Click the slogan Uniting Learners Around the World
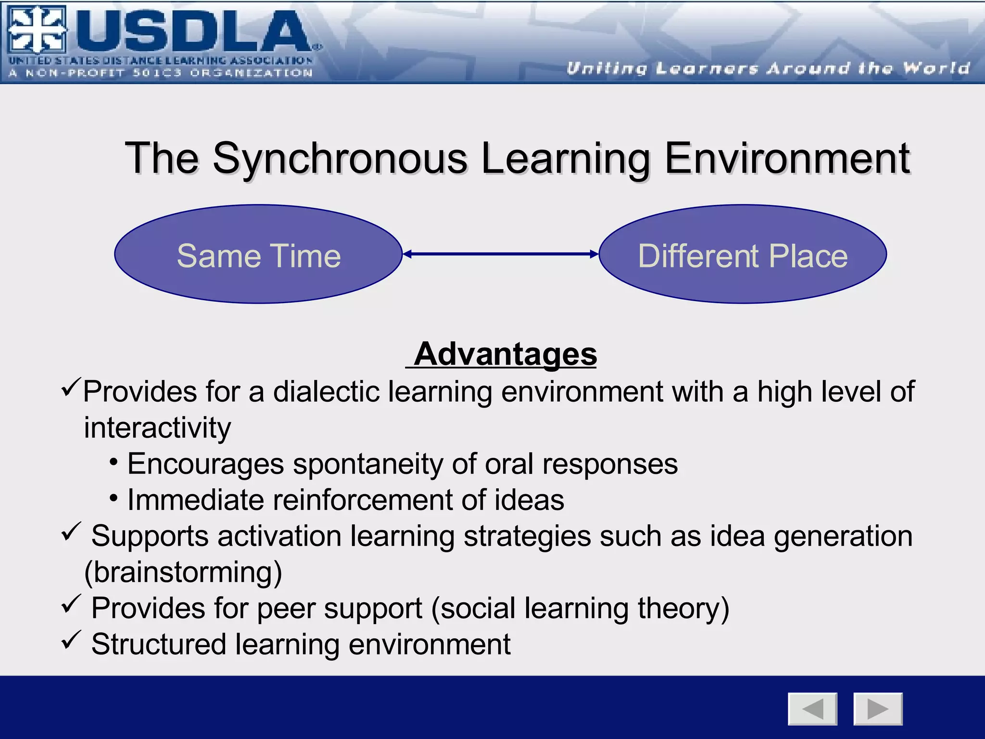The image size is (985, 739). point(768,68)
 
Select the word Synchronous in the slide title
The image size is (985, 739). point(340,159)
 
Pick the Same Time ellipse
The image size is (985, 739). point(258,255)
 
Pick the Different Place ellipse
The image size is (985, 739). point(743,255)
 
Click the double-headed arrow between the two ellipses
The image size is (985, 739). point(500,254)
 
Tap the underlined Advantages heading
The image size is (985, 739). point(505,354)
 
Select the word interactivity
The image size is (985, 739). point(157,428)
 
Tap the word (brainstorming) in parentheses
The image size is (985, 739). point(183,572)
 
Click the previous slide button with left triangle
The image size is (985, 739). point(812,709)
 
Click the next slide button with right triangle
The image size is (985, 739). point(878,709)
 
